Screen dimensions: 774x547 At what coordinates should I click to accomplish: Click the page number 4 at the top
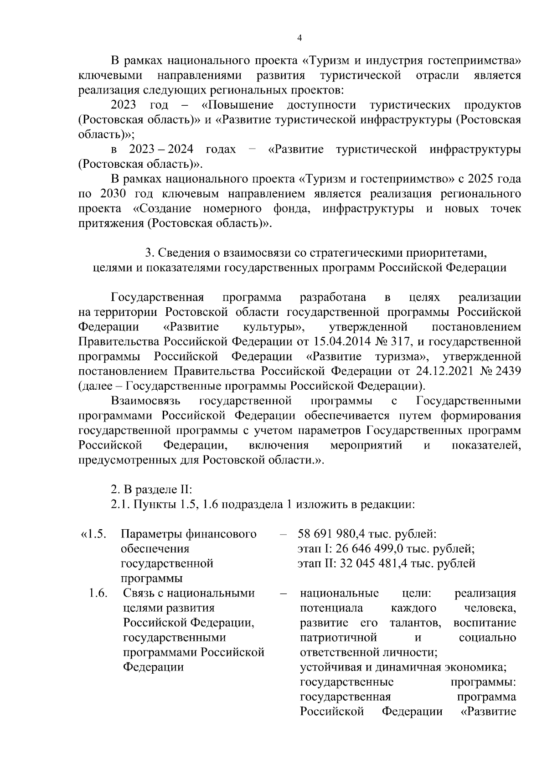click(x=299, y=38)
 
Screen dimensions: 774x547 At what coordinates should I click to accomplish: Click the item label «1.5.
click(x=93, y=534)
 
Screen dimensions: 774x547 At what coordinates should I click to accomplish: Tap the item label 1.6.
click(x=98, y=593)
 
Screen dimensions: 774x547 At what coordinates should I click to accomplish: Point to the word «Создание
click(x=160, y=209)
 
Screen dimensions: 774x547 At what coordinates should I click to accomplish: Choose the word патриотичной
click(x=339, y=637)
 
